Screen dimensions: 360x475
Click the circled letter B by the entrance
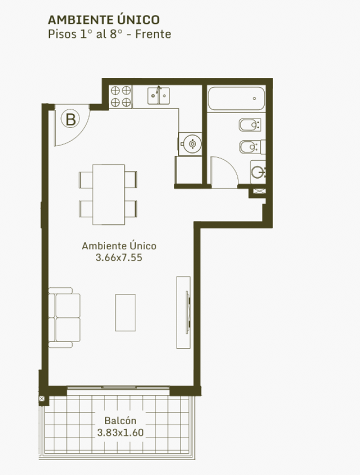[x=70, y=119]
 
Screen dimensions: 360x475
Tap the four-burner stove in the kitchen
[x=121, y=96]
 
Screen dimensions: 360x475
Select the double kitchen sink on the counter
[x=158, y=95]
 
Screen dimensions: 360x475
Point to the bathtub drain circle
[x=254, y=98]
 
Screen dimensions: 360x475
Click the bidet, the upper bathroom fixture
[x=249, y=125]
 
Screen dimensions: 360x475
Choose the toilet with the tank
[x=252, y=147]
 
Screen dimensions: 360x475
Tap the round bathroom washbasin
[x=258, y=172]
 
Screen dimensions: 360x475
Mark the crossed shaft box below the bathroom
[x=259, y=191]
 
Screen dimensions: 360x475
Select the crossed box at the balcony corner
[x=42, y=398]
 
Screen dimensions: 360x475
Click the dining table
[x=108, y=194]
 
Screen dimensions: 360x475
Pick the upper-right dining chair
[x=131, y=179]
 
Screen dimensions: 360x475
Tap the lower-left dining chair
[x=86, y=208]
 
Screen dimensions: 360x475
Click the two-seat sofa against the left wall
[x=64, y=317]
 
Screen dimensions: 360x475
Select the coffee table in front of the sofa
[x=125, y=312]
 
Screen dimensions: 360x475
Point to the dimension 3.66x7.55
[x=119, y=257]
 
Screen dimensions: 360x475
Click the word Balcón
[x=120, y=420]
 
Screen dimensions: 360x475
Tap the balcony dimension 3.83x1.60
[x=120, y=432]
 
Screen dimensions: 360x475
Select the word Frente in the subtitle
[x=153, y=34]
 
